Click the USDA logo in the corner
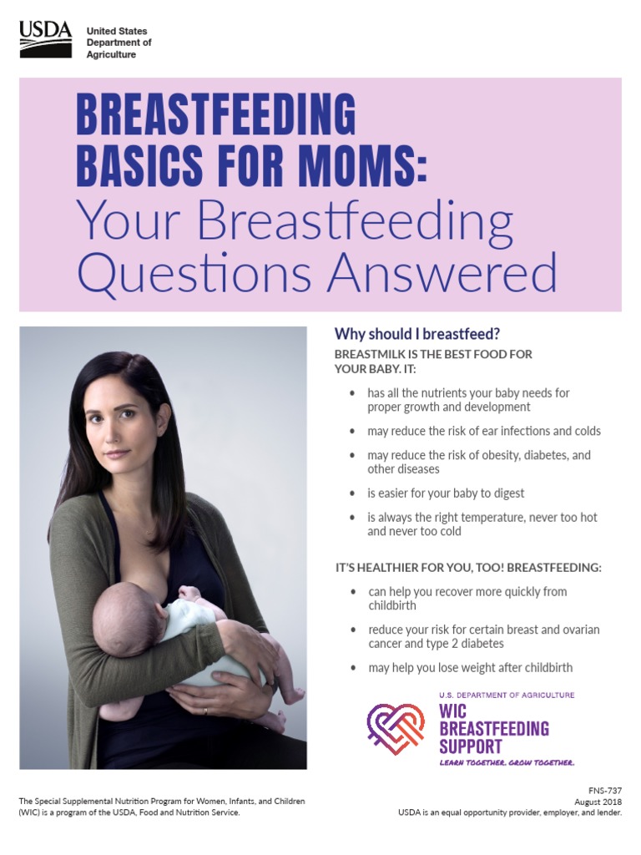pos(45,39)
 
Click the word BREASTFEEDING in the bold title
pos(215,114)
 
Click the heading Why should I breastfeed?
pos(416,334)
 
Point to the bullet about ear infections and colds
pos(483,432)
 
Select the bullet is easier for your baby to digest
pos(446,493)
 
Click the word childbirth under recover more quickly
pos(392,605)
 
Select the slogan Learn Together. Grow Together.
pos(507,763)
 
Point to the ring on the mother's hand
pos(205,711)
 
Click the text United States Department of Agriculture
pos(119,43)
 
